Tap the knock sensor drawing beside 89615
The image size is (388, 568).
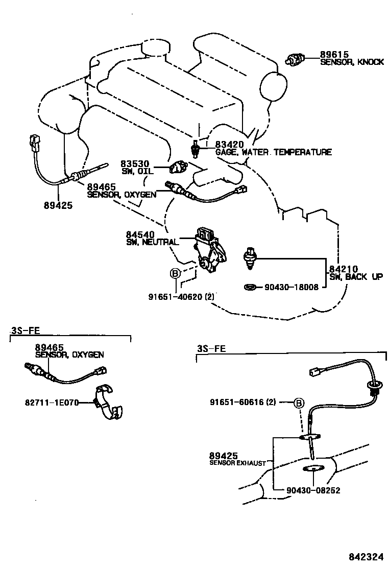(x=296, y=60)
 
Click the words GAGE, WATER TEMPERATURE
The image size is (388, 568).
(x=273, y=152)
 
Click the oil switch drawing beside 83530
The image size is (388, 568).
(x=178, y=167)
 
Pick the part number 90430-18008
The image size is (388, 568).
(x=292, y=288)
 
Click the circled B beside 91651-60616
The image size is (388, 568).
(x=299, y=403)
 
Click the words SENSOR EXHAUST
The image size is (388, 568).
(x=238, y=463)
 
